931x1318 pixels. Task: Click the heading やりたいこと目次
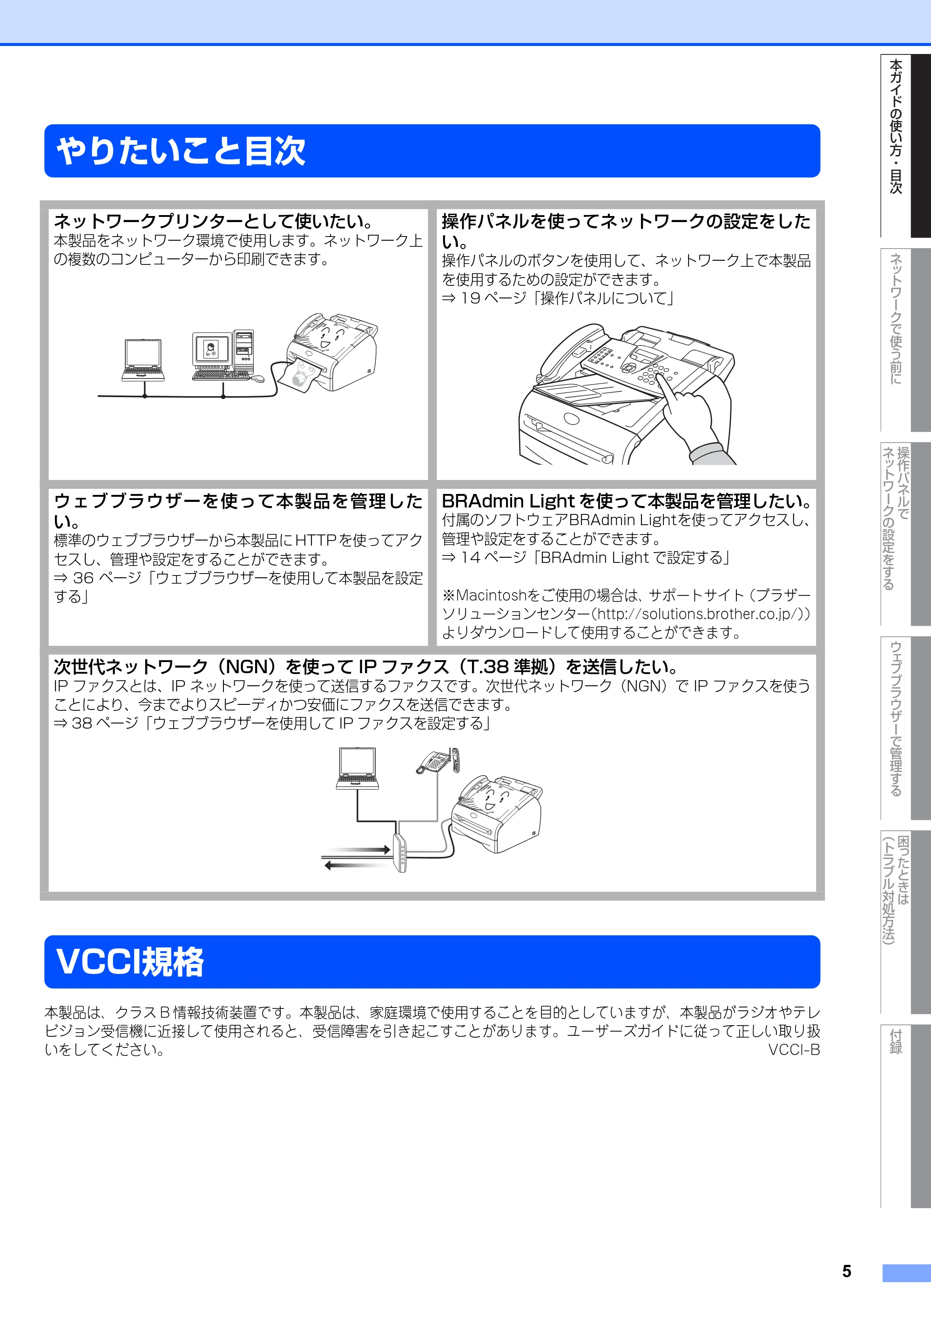[x=181, y=151]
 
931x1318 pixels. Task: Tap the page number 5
[x=847, y=1271]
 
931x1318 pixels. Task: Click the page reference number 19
[x=470, y=298]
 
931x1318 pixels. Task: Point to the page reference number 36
[x=83, y=578]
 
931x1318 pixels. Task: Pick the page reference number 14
[x=470, y=557]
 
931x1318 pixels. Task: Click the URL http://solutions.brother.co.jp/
[x=700, y=614]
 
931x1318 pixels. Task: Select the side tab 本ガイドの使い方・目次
[x=896, y=126]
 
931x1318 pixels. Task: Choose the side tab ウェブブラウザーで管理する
[x=896, y=719]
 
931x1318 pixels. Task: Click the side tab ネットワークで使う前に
[x=896, y=318]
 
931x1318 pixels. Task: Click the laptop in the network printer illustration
[x=143, y=360]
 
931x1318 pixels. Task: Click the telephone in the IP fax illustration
[x=438, y=761]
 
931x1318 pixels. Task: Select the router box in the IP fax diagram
[x=400, y=852]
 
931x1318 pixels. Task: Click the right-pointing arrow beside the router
[x=356, y=850]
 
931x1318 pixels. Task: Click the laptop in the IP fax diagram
[x=357, y=768]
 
